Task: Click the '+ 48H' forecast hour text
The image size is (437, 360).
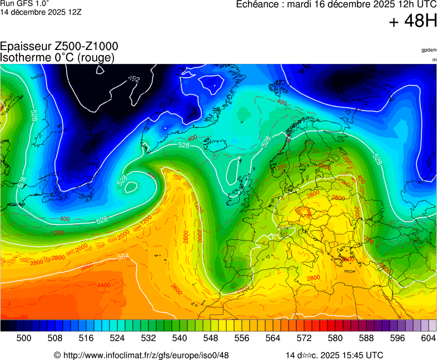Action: pos(413,22)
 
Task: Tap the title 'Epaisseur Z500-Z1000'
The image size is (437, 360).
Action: pos(59,47)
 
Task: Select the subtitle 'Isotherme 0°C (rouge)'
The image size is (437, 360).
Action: pos(57,57)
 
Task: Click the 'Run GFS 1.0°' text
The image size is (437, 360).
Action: pos(24,3)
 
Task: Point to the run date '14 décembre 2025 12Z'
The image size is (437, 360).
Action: pos(41,12)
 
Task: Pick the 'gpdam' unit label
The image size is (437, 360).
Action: pos(429,49)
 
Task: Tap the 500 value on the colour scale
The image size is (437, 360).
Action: pos(23,338)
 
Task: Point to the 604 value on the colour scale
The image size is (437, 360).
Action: pos(428,338)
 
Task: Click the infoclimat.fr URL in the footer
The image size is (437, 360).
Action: pos(146,355)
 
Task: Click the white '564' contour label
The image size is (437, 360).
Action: pos(124,257)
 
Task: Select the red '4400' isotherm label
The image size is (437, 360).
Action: pos(104,286)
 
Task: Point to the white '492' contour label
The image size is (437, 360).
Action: pos(134,79)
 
